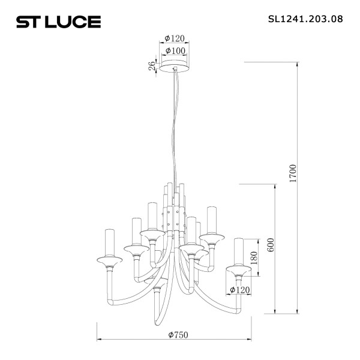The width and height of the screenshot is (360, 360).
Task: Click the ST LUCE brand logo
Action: click(x=58, y=22)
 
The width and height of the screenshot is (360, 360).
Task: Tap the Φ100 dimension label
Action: click(x=175, y=50)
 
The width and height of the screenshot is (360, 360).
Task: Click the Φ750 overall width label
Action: click(x=177, y=334)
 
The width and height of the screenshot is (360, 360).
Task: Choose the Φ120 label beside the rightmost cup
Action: click(x=240, y=290)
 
